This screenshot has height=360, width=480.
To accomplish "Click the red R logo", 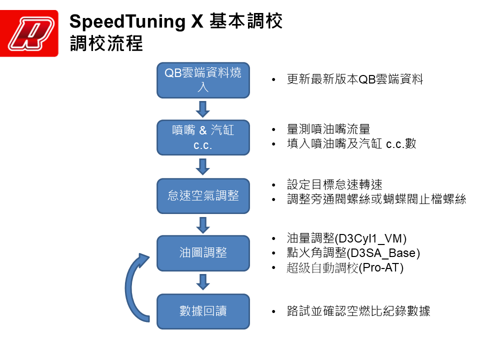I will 29,33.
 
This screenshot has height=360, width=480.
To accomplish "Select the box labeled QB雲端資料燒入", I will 203,79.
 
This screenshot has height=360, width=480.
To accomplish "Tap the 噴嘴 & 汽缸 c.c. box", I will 203,137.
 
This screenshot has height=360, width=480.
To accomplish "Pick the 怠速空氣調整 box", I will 203,195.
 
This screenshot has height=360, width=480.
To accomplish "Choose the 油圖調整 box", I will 203,253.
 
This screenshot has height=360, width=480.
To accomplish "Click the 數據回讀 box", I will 203,311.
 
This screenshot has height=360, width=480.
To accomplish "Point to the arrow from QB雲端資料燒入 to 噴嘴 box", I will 203,108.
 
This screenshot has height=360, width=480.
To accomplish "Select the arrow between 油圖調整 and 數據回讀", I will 203,282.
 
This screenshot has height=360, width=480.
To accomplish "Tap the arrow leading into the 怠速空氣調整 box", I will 203,166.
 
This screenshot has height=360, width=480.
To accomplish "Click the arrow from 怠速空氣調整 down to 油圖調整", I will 203,224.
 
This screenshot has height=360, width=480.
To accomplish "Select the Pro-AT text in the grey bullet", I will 381,267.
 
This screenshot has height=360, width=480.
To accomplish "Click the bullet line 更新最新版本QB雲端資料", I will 355,79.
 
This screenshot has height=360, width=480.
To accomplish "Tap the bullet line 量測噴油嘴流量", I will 328,129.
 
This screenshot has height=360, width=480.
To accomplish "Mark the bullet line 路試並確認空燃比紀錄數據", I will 358,311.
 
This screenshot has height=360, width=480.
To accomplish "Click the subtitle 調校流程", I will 106,44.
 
